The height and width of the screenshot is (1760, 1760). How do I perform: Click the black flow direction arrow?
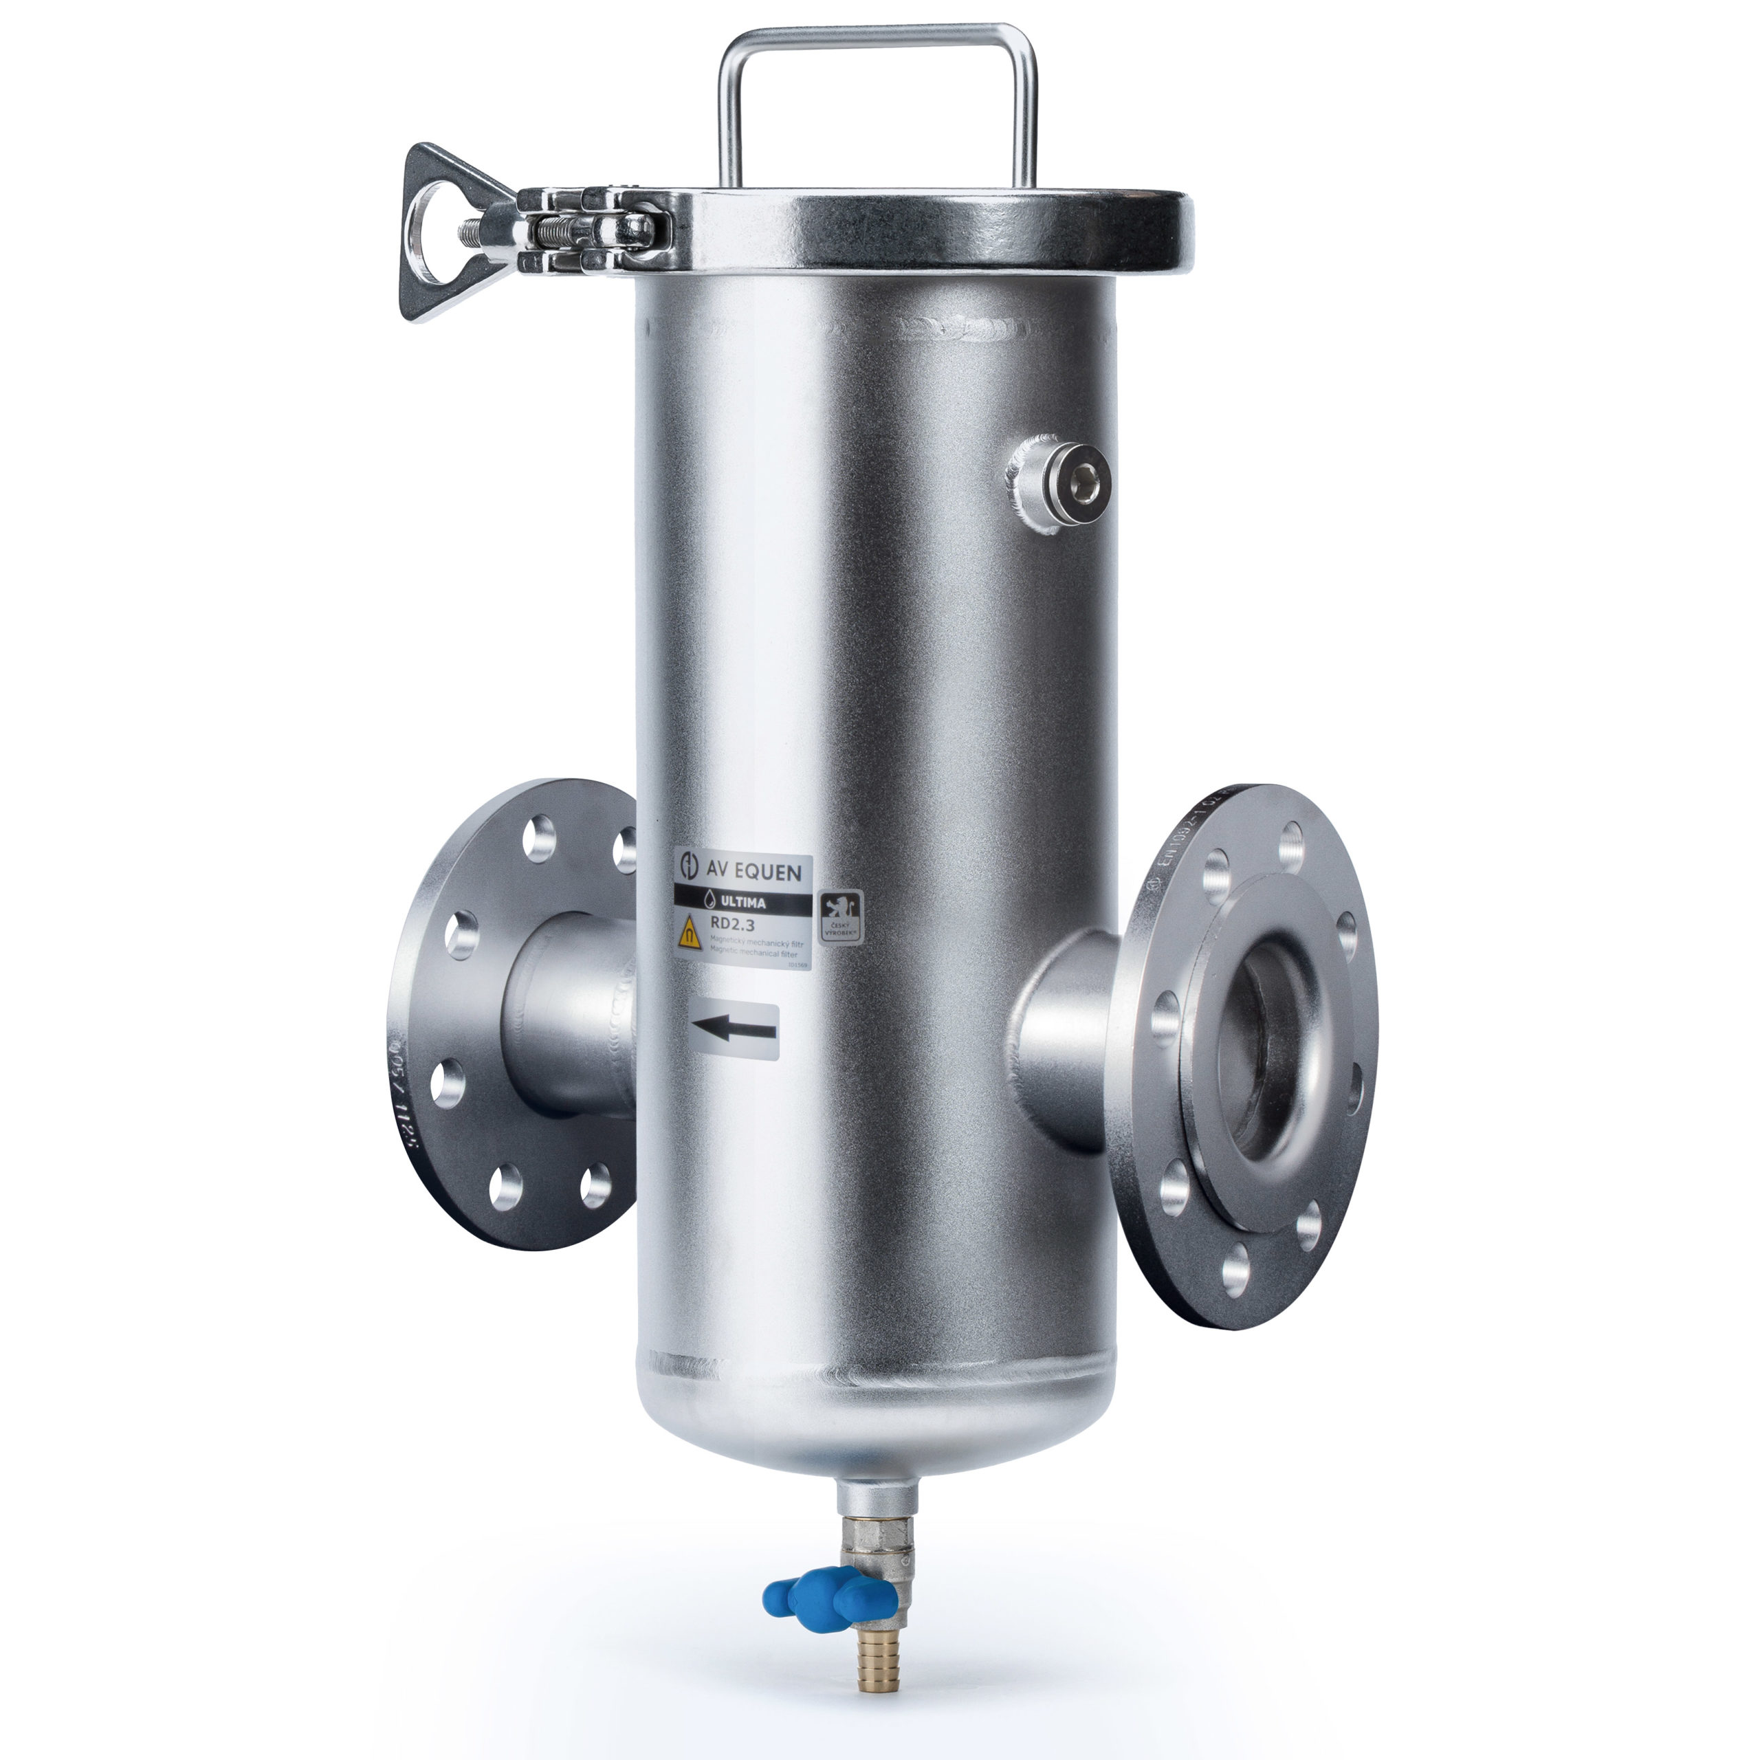pyautogui.click(x=734, y=1031)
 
